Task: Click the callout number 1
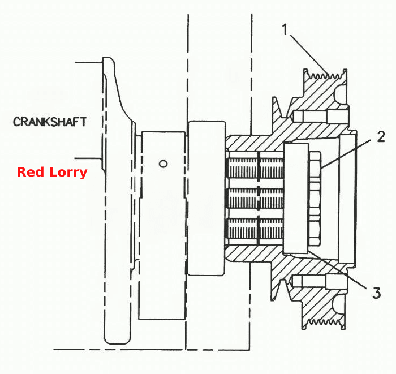click(x=285, y=29)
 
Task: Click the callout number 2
click(x=381, y=136)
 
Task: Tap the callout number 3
click(x=376, y=293)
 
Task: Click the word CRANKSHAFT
click(x=50, y=122)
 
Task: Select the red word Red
click(x=31, y=171)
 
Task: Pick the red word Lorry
click(x=68, y=173)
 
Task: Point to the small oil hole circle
click(x=163, y=164)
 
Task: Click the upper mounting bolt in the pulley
click(x=320, y=117)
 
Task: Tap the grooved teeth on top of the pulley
click(x=325, y=75)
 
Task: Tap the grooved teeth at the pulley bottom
click(x=324, y=323)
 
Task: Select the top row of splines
click(x=256, y=167)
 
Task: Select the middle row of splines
click(x=256, y=198)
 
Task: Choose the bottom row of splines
click(x=256, y=229)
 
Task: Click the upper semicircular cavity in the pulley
click(x=341, y=94)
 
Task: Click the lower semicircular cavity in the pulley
click(x=339, y=306)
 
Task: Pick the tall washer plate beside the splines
click(x=296, y=198)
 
